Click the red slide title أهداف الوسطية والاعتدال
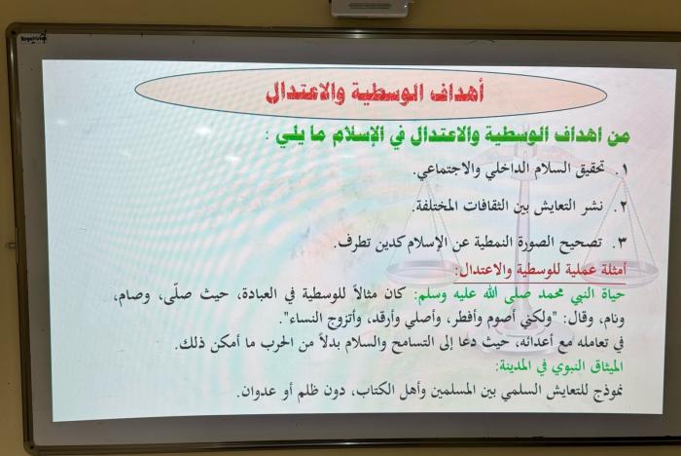[x=375, y=93]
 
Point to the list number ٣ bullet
[x=622, y=243]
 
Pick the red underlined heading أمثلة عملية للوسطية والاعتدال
[x=540, y=270]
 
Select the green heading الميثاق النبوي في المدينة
[x=559, y=367]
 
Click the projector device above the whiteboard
[x=371, y=8]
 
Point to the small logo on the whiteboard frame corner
[x=33, y=38]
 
